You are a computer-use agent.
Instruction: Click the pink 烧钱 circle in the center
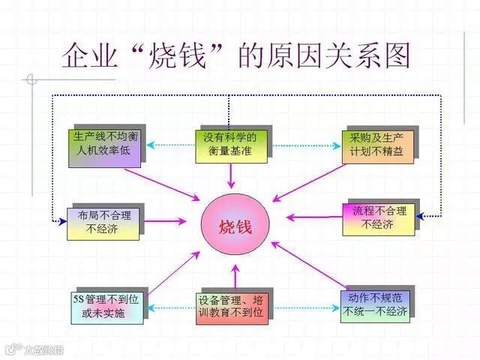tap(235, 225)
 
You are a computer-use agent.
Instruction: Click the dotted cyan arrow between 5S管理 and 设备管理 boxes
tap(169, 307)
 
